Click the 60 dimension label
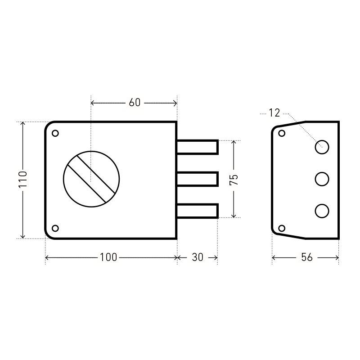pos(135,103)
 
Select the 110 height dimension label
pos(23,179)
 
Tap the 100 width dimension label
pos(108,257)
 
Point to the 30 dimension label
pos(198,257)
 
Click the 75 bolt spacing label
pos(234,180)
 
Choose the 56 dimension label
pos(307,257)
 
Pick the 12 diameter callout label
pos(274,113)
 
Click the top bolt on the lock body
pos(198,147)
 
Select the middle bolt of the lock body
pos(198,179)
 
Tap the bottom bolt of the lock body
pos(198,211)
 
